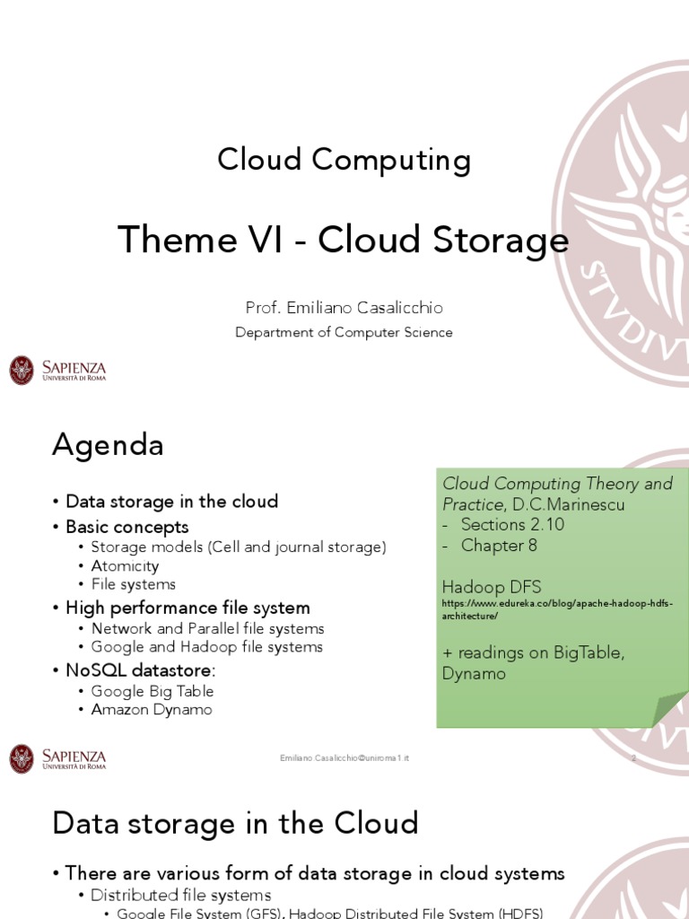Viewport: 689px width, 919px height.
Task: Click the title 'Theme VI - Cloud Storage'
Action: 344,241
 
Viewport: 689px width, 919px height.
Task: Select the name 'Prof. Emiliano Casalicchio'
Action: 344,308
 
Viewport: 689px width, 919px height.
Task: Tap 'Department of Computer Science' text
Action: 344,332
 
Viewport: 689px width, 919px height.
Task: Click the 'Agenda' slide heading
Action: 108,444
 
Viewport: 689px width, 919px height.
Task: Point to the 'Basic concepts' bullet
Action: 126,526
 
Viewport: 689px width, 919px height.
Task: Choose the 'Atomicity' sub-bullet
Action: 125,566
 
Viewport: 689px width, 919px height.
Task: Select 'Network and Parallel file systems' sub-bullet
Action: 207,628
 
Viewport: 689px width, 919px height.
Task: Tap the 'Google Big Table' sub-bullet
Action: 152,691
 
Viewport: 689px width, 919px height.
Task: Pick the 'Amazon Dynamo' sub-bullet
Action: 151,709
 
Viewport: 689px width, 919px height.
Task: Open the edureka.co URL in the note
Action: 556,609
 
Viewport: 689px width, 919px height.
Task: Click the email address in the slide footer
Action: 344,758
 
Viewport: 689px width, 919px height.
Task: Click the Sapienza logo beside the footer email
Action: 57,758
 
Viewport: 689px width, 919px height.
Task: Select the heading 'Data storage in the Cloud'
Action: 235,822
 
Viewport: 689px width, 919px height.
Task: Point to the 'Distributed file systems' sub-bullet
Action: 180,895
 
